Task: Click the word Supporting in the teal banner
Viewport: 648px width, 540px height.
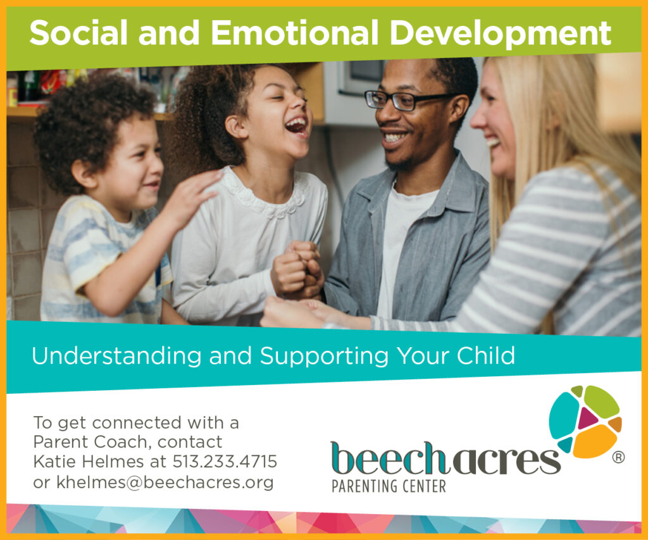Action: click(324, 356)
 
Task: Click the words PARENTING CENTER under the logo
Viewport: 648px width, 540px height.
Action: click(389, 486)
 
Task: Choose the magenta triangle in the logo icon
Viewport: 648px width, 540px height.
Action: click(587, 418)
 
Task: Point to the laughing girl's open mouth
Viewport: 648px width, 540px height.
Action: click(296, 126)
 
